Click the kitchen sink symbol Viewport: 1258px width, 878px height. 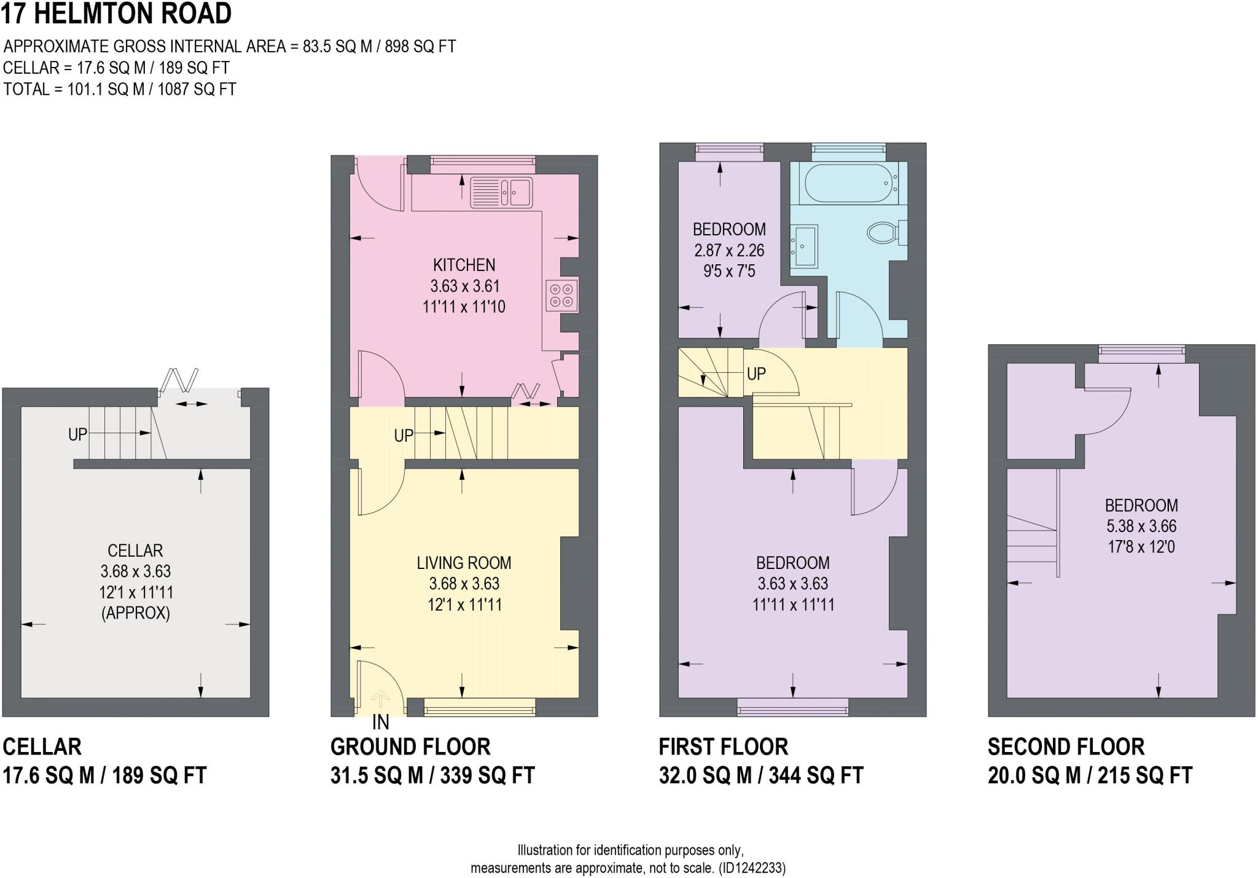(501, 192)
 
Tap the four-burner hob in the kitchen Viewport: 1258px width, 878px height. (561, 296)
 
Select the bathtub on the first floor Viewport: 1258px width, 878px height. (844, 183)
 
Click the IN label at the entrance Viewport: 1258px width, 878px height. (380, 723)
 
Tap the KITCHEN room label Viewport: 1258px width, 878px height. (464, 265)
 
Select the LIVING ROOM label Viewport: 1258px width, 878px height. (464, 563)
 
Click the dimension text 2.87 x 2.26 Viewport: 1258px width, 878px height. (729, 250)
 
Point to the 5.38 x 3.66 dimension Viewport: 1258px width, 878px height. (1141, 526)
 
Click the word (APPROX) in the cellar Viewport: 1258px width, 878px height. (135, 613)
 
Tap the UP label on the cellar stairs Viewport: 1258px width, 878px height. (77, 435)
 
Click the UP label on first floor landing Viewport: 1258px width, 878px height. (756, 374)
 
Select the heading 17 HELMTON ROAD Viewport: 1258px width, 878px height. (116, 14)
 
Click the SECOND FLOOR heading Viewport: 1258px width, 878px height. (1066, 747)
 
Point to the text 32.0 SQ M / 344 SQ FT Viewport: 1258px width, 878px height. (761, 775)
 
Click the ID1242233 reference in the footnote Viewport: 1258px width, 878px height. (752, 868)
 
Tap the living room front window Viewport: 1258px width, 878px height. (479, 707)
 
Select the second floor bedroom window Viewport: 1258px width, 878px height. (1141, 350)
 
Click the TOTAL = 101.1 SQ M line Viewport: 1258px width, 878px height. (120, 89)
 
